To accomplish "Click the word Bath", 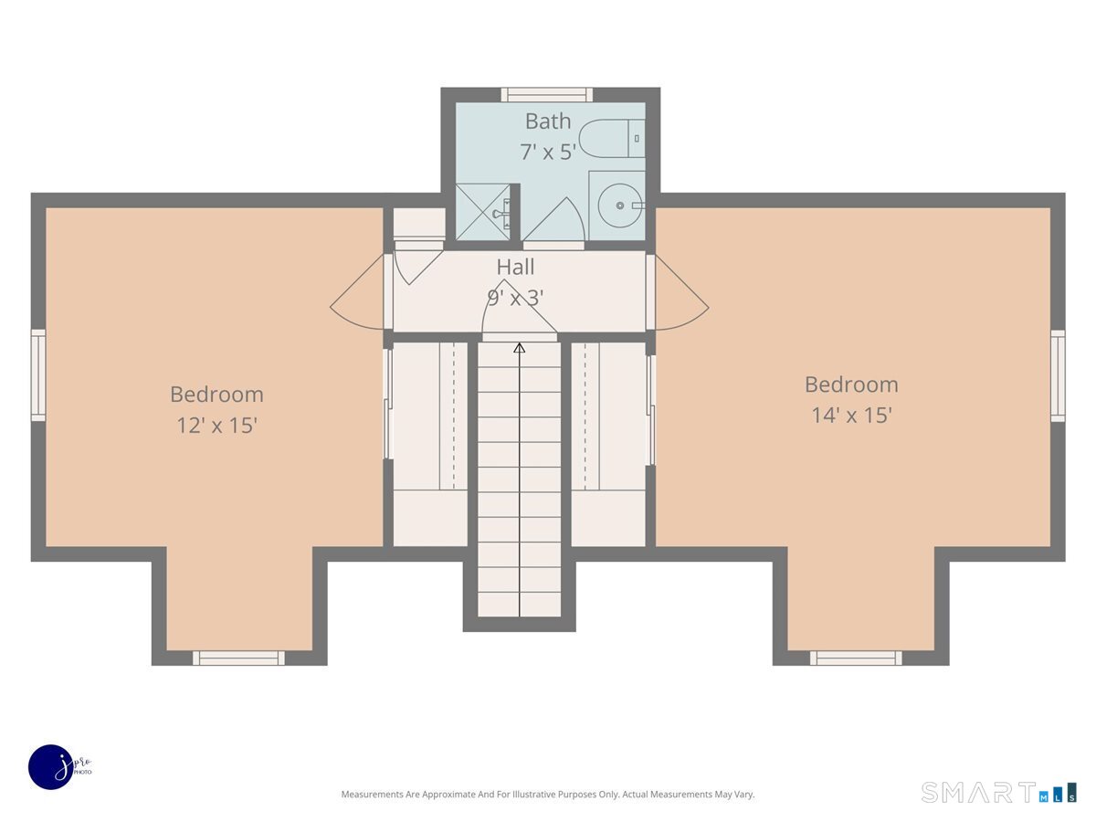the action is click(x=548, y=121).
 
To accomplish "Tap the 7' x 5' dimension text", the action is click(x=548, y=152).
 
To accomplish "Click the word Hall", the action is click(x=515, y=267).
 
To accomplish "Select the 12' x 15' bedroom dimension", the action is click(x=216, y=426).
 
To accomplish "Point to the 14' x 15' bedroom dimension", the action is click(x=851, y=416).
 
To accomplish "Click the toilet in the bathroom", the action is click(x=612, y=139).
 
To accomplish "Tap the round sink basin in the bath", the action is click(x=619, y=205).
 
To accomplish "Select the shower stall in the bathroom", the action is click(x=483, y=212).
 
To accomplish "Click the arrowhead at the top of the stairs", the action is click(x=520, y=348).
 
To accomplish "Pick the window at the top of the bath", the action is click(x=547, y=95).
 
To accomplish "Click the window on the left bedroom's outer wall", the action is click(x=38, y=375).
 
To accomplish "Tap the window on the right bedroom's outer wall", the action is click(x=1058, y=375).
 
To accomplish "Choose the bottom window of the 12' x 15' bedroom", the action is click(x=238, y=658).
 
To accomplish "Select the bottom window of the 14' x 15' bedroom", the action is click(x=856, y=658).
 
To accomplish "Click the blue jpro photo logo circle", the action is click(x=51, y=767).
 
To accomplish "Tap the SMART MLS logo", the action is click(x=998, y=792).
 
